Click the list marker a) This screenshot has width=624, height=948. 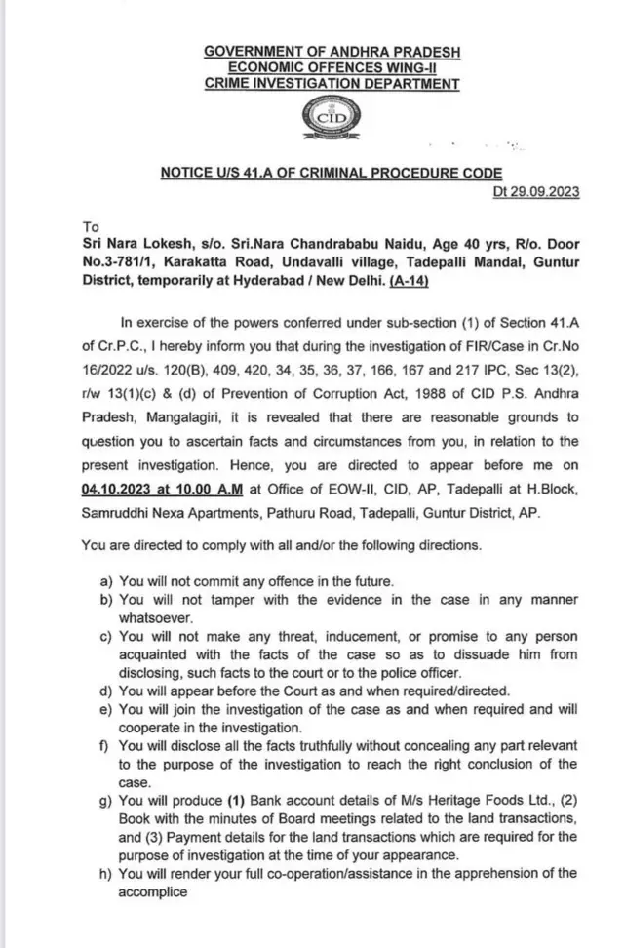tap(107, 581)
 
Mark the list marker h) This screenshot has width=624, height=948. tap(107, 874)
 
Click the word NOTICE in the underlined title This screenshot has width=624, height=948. tap(191, 173)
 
